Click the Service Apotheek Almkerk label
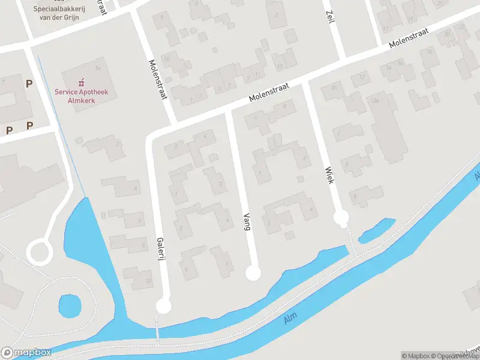point(76,96)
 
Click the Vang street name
point(247,222)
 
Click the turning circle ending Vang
point(254,274)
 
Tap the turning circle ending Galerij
point(163,307)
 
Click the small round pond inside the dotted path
point(70,307)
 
